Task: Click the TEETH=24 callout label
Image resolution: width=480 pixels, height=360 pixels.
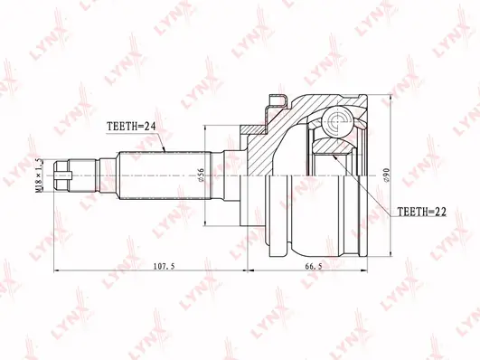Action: tap(131, 126)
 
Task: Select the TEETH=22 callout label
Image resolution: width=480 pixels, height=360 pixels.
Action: tap(421, 212)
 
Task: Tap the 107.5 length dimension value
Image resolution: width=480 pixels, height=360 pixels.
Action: tap(164, 266)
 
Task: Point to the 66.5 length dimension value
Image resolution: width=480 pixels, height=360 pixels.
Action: tap(314, 266)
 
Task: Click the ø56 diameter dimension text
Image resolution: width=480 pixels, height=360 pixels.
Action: tap(201, 175)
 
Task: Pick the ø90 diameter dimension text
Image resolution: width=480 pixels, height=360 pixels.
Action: tap(386, 175)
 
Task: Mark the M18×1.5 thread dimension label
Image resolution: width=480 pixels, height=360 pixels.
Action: tap(39, 175)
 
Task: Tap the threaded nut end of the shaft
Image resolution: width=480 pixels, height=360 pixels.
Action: tap(61, 175)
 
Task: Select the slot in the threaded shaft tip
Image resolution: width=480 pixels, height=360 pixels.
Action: tap(62, 175)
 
